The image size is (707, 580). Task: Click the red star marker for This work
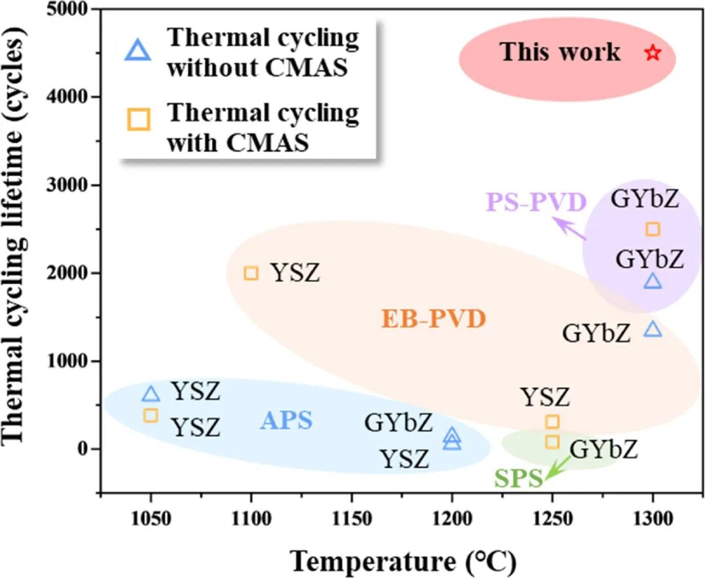coord(653,53)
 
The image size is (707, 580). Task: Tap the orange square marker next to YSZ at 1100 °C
coord(251,272)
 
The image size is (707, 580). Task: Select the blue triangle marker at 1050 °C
coord(151,393)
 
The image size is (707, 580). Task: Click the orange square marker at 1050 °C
coord(151,415)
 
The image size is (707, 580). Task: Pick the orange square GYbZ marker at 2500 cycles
coord(653,228)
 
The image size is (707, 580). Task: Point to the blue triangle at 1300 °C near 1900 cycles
coord(653,281)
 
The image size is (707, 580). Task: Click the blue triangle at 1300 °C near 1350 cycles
coord(653,329)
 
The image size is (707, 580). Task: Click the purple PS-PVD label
coord(535,203)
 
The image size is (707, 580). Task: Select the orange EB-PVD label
coord(433,319)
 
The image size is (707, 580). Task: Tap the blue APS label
coord(286,421)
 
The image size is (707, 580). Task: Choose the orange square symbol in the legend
coord(138,119)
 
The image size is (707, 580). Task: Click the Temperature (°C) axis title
coord(403,560)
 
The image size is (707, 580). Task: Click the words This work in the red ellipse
coord(560,52)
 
